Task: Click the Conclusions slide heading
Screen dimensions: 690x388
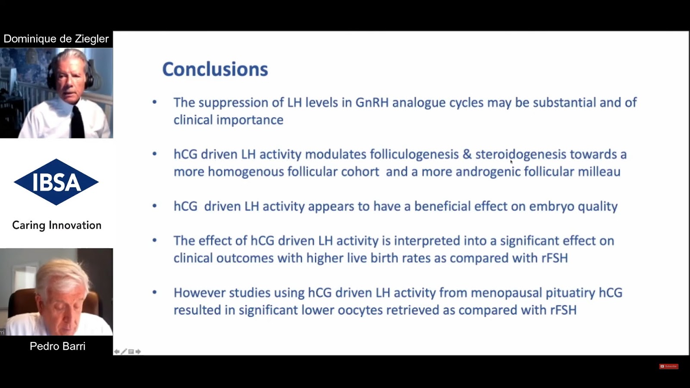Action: [x=215, y=69]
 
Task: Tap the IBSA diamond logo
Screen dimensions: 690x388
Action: [x=56, y=182]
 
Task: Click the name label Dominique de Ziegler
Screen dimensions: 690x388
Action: [x=56, y=39]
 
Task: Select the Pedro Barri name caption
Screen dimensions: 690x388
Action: [x=58, y=346]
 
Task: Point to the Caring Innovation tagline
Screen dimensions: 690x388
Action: [x=56, y=225]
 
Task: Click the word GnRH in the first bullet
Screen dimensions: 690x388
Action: [x=372, y=103]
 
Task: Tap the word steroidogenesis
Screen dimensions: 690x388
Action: [x=521, y=155]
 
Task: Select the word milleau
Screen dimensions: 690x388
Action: [x=599, y=172]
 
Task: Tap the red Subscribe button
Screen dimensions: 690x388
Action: [x=668, y=366]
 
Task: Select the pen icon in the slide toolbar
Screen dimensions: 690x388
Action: [x=124, y=351]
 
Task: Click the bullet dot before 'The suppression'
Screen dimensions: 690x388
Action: [x=155, y=102]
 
